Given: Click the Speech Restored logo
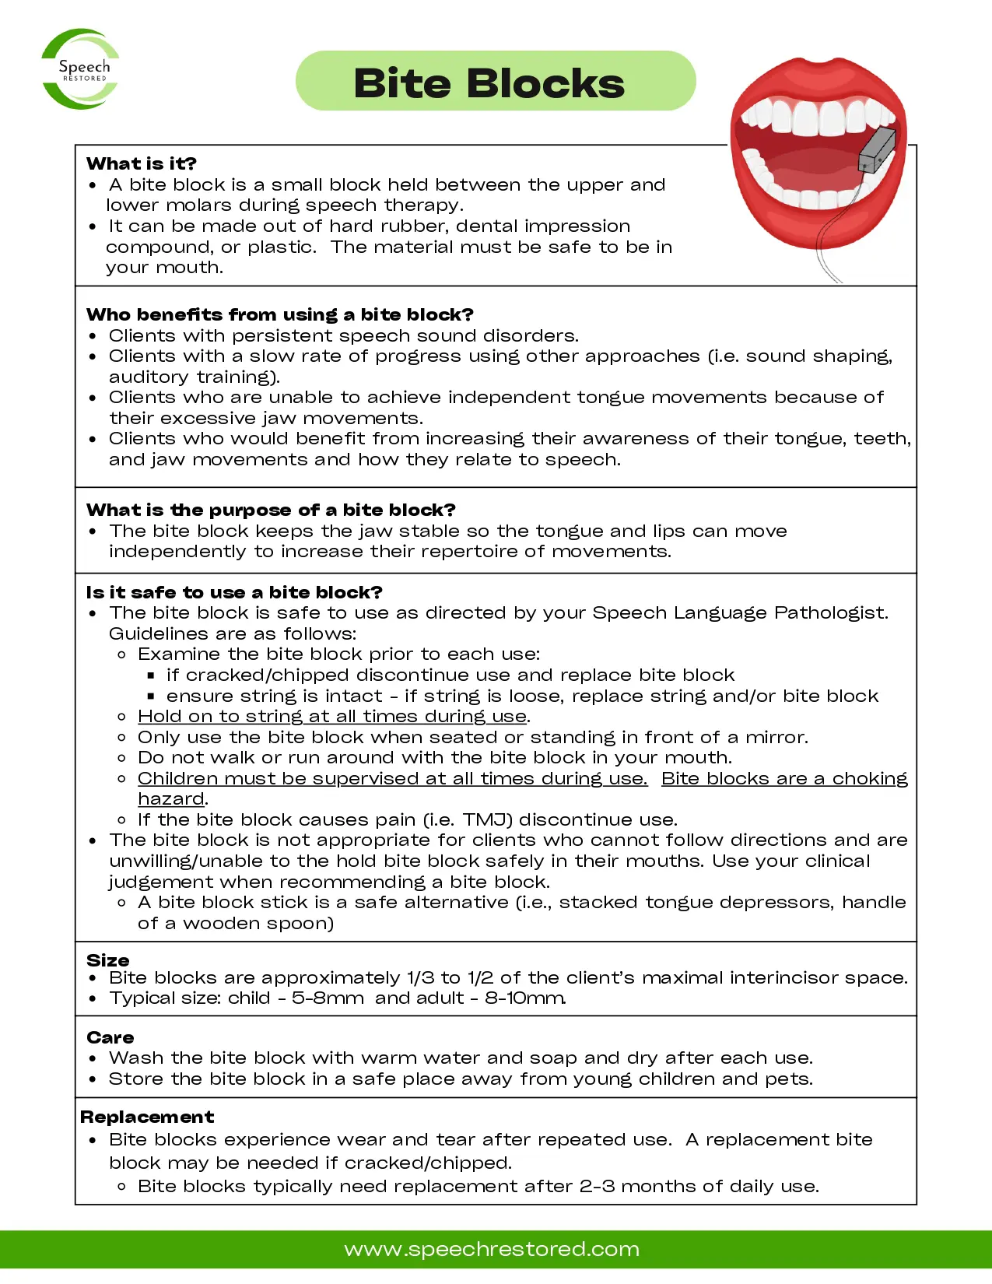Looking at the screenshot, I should click(x=81, y=69).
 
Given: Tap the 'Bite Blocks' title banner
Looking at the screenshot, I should click(x=495, y=82).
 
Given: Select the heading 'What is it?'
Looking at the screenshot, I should click(x=142, y=163).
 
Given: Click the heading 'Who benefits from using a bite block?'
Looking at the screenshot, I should click(x=280, y=314).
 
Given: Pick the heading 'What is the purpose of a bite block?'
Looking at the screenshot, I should click(x=271, y=510).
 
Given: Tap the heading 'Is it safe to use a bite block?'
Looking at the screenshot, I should click(x=234, y=592).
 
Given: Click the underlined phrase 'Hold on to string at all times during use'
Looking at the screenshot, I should click(x=332, y=716).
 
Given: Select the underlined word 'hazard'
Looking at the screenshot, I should click(x=171, y=798).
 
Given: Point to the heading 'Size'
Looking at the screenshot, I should click(x=108, y=959).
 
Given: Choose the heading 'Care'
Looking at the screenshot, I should click(x=110, y=1037).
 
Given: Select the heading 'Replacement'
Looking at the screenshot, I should click(x=147, y=1117).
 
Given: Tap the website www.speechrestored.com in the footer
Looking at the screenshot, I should click(x=492, y=1249).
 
